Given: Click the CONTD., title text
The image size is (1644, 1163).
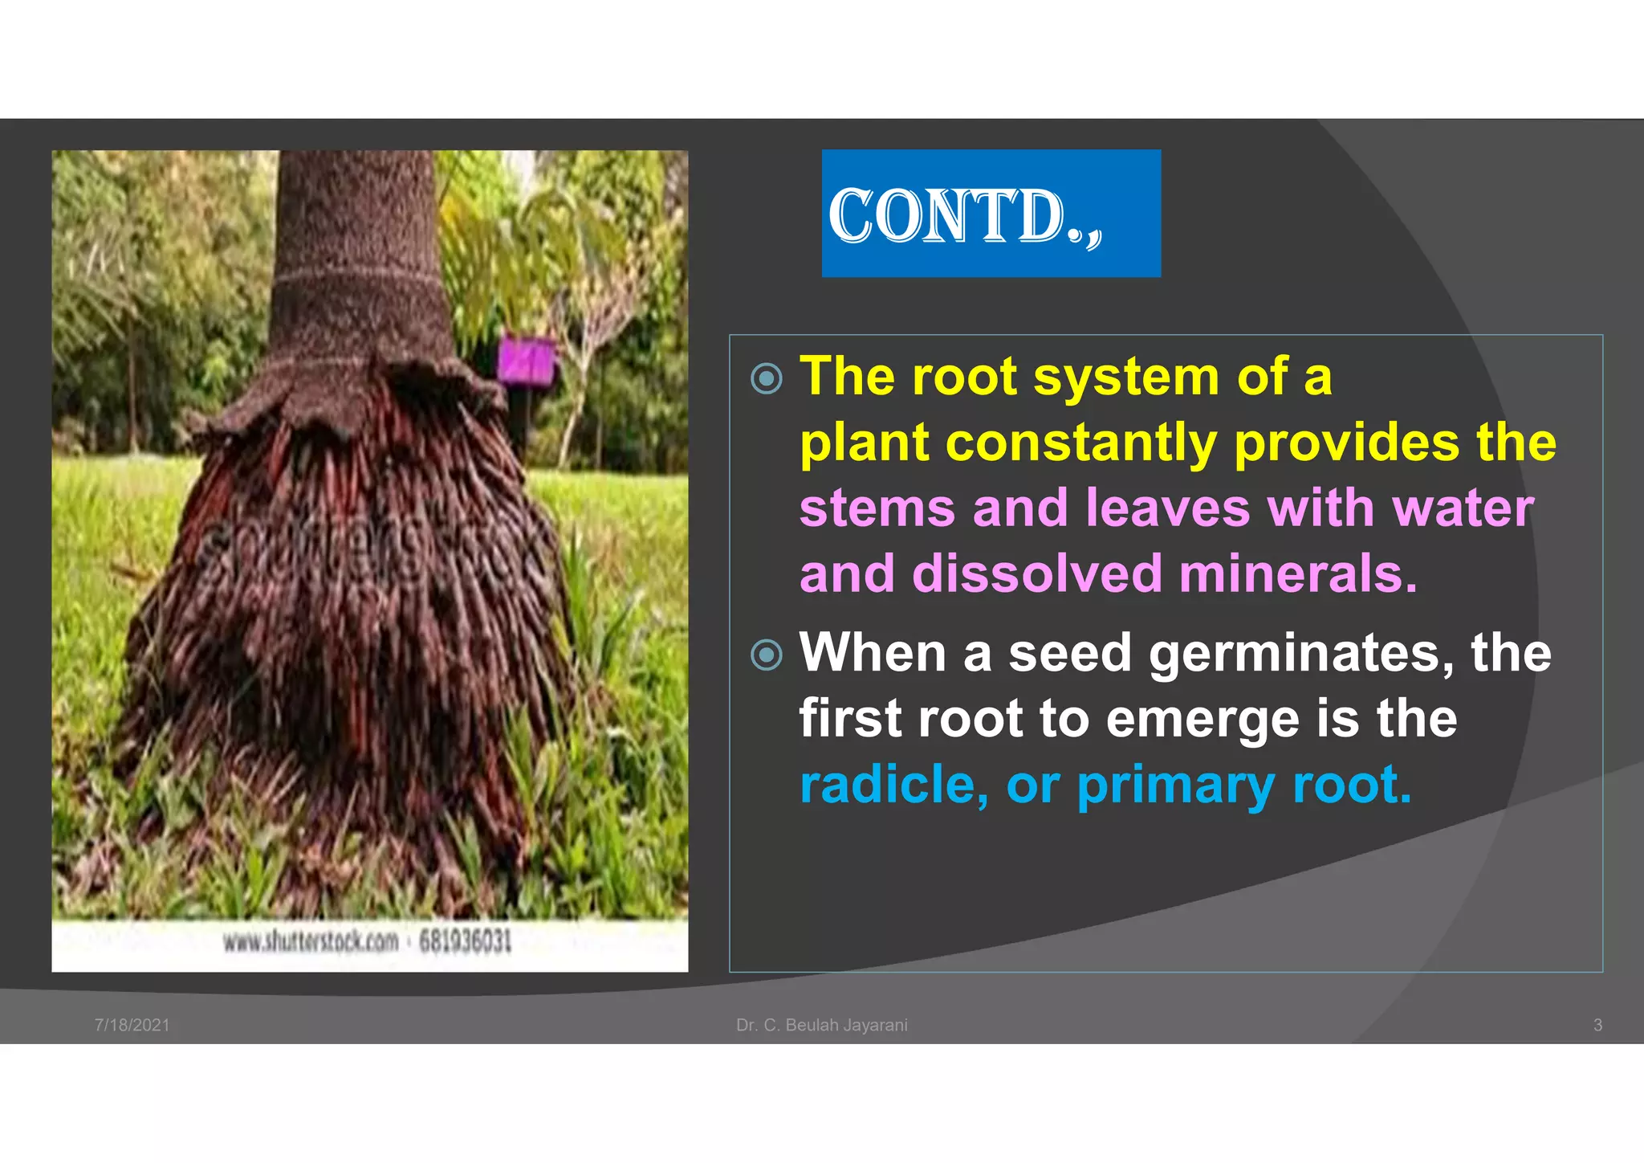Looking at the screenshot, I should pyautogui.click(x=965, y=215).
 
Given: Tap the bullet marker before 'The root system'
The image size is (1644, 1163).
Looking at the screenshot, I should pyautogui.click(x=766, y=378).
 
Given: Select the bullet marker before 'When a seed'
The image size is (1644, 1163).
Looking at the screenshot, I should pyautogui.click(x=766, y=655).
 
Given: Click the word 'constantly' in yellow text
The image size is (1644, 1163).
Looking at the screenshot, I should pyautogui.click(x=1080, y=443).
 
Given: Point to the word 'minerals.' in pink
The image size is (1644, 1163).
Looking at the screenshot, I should pyautogui.click(x=1298, y=574).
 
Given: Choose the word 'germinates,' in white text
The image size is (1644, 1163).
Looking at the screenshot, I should pyautogui.click(x=1301, y=653).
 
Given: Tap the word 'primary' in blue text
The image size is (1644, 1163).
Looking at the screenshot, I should pyautogui.click(x=1175, y=786).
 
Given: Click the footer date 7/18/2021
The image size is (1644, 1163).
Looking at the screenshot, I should pyautogui.click(x=132, y=1025).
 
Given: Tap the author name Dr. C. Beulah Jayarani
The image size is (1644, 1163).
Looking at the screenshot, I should pyautogui.click(x=821, y=1025).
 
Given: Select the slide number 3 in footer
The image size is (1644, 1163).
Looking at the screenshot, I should pyautogui.click(x=1597, y=1025).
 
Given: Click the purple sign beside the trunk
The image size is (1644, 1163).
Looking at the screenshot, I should pyautogui.click(x=526, y=359).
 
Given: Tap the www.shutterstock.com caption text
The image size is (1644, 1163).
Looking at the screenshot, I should pyautogui.click(x=311, y=941).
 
